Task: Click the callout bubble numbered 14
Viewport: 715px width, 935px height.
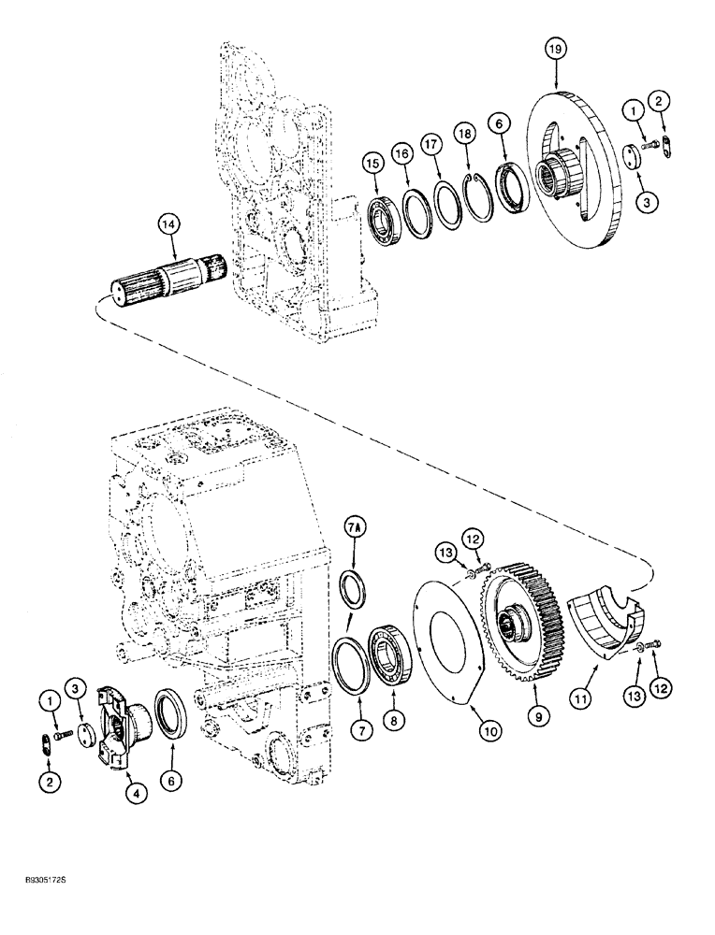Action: pos(168,225)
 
